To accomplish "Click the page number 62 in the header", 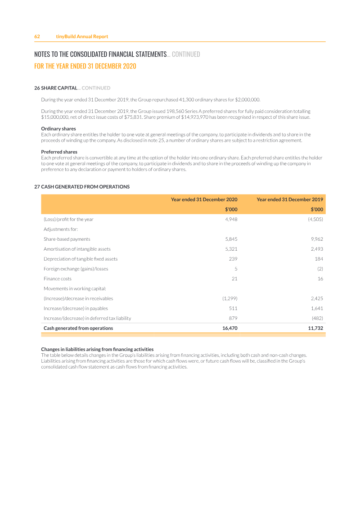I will click(x=37, y=36).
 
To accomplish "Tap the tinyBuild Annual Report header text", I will click(x=82, y=36).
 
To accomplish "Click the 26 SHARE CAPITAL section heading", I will click(x=56, y=88).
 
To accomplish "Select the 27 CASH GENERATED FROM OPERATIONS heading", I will click(x=82, y=187).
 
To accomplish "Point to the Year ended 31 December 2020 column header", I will click(x=204, y=199).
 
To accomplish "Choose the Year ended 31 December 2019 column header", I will click(x=289, y=199).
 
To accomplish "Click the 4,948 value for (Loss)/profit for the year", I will click(x=231, y=219).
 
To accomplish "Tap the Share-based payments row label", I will click(x=67, y=239).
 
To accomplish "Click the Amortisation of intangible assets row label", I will click(x=77, y=249).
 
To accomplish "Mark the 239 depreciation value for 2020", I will click(x=233, y=259).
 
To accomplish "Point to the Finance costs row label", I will click(x=57, y=279).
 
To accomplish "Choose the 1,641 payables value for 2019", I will click(x=317, y=308).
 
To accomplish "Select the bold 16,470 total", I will click(x=229, y=328).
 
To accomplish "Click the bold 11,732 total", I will click(x=315, y=328).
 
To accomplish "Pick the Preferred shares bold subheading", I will click(x=59, y=152).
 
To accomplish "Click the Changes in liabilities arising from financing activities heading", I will click(x=97, y=349).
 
